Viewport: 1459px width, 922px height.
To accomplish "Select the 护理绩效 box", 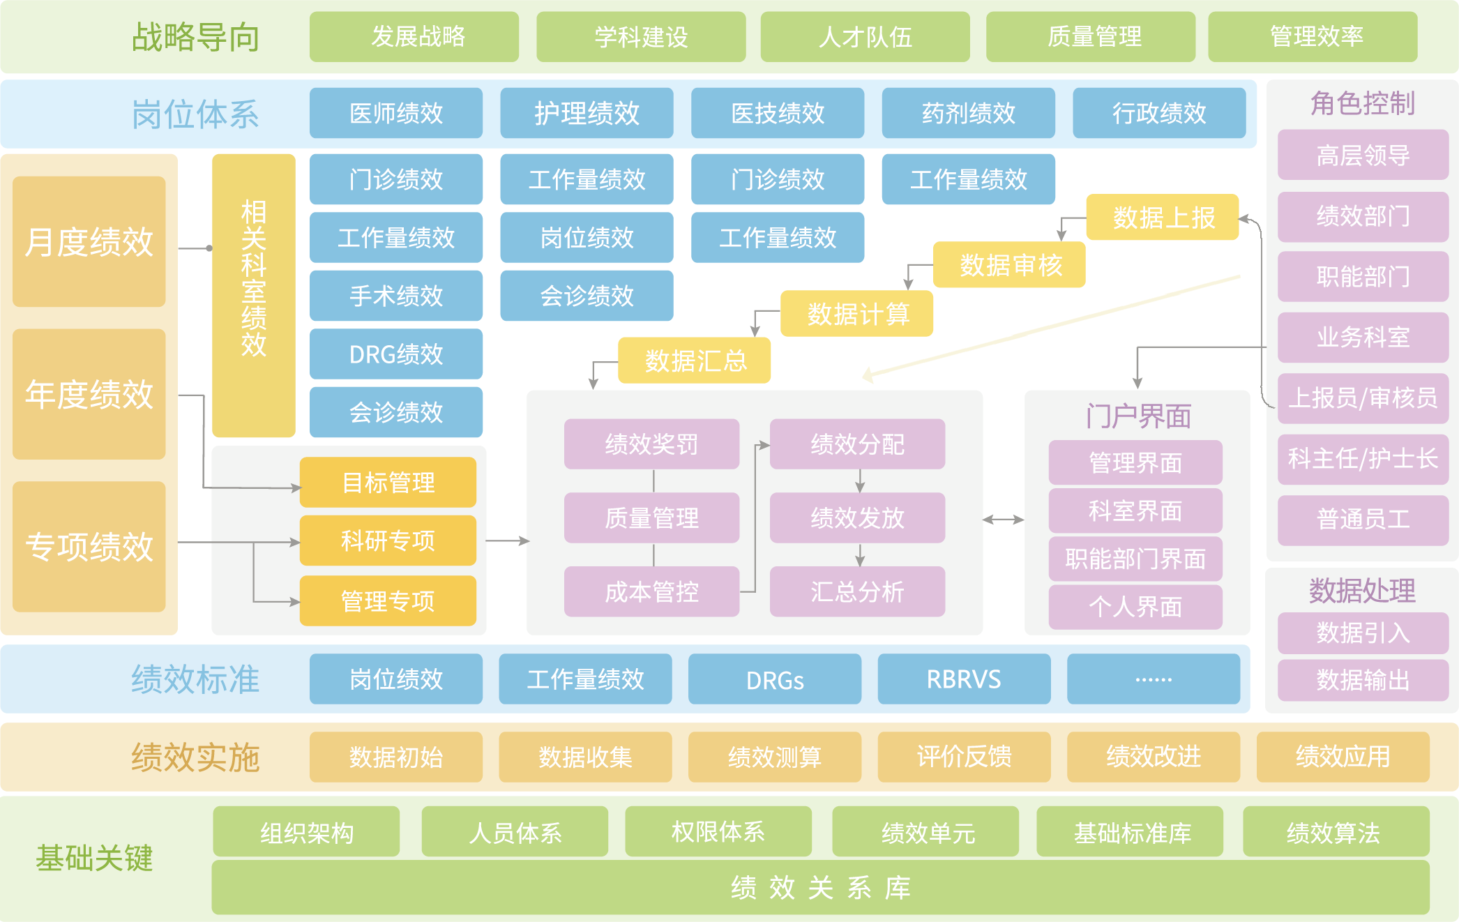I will (587, 113).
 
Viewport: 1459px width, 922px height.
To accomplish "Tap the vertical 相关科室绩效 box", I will (254, 295).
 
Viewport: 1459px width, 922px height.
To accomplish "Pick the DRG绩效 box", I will (396, 354).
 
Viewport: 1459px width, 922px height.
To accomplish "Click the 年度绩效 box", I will (89, 394).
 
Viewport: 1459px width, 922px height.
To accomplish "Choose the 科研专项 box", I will (388, 541).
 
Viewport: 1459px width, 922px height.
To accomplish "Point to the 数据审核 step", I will (1009, 265).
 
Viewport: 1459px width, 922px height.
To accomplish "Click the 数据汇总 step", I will (695, 361).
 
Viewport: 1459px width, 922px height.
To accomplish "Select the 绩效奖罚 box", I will (651, 444).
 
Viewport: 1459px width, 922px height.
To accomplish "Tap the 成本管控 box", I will (651, 592).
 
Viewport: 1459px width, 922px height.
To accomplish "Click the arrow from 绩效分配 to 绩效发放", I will (860, 481).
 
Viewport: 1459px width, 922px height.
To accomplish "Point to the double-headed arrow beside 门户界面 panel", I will (1003, 520).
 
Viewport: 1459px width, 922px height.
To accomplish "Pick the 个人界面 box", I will (1135, 607).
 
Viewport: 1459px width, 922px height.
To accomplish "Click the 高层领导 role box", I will (1363, 155).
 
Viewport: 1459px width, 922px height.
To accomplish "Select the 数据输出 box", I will (1363, 680).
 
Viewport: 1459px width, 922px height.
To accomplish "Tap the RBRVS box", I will (964, 679).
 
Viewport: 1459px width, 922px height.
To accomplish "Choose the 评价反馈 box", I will (964, 757).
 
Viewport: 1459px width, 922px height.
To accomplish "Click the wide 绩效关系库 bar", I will (820, 888).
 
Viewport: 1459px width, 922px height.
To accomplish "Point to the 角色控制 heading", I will (1362, 103).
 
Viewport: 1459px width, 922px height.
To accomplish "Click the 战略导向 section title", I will (195, 37).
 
